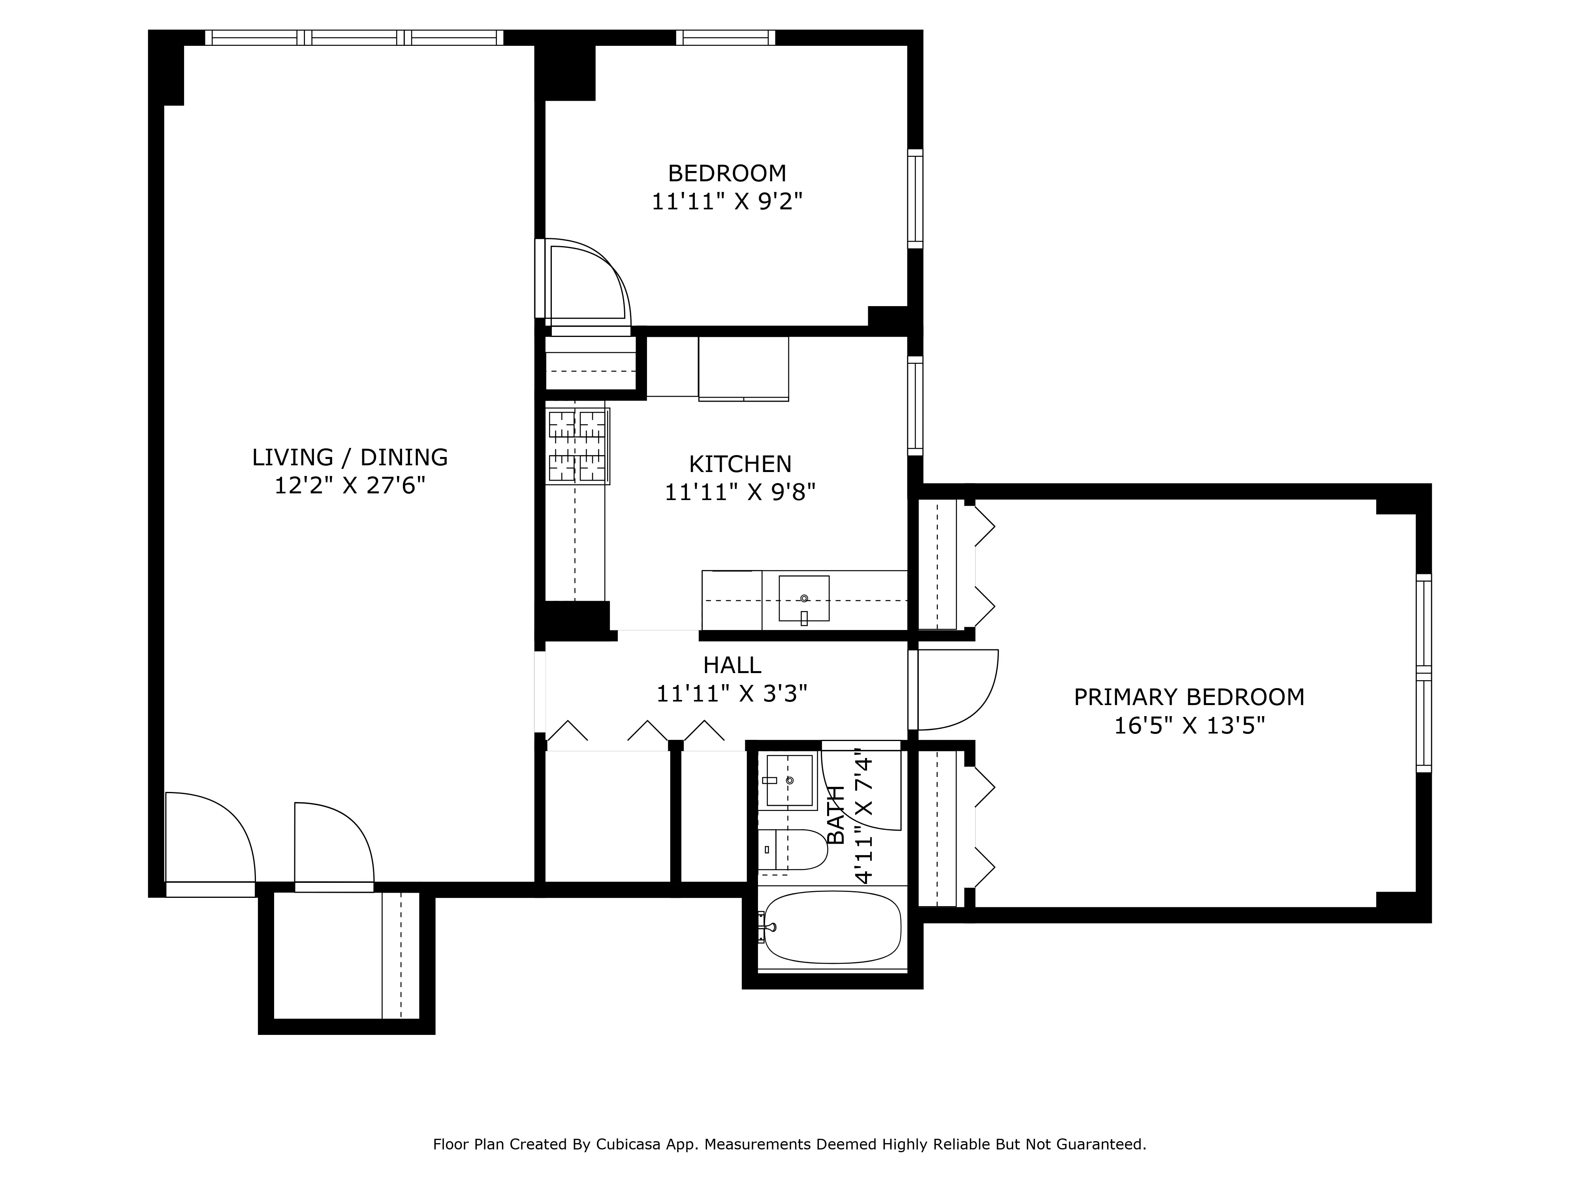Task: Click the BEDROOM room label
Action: point(726,173)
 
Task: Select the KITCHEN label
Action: point(739,464)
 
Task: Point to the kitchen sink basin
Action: point(803,598)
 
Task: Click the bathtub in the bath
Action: point(832,927)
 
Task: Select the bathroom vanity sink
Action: point(788,780)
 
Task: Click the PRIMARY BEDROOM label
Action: point(1189,697)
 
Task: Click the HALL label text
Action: point(732,666)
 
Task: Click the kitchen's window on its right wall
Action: point(915,405)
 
